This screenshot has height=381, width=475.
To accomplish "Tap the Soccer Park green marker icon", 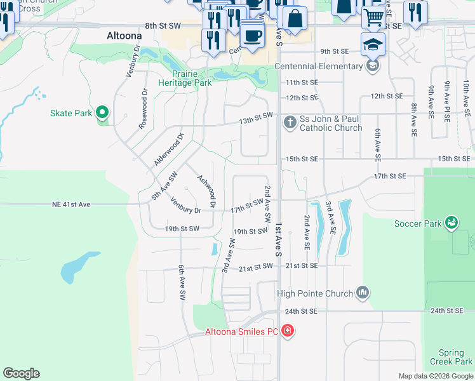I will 452,223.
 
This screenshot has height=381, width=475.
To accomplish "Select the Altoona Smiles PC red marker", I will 287,331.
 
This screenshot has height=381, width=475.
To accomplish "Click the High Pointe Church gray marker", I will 363,293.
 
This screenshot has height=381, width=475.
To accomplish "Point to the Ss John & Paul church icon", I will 290,121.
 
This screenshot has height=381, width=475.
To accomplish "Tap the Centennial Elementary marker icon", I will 373,66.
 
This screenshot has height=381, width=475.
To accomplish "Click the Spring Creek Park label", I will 455,357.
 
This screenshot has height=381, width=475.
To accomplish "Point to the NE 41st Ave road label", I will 71,204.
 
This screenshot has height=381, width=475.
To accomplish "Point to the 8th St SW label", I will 163,25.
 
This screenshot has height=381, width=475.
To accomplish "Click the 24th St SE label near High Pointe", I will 300,311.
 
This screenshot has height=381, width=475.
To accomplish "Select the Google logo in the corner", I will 22,373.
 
